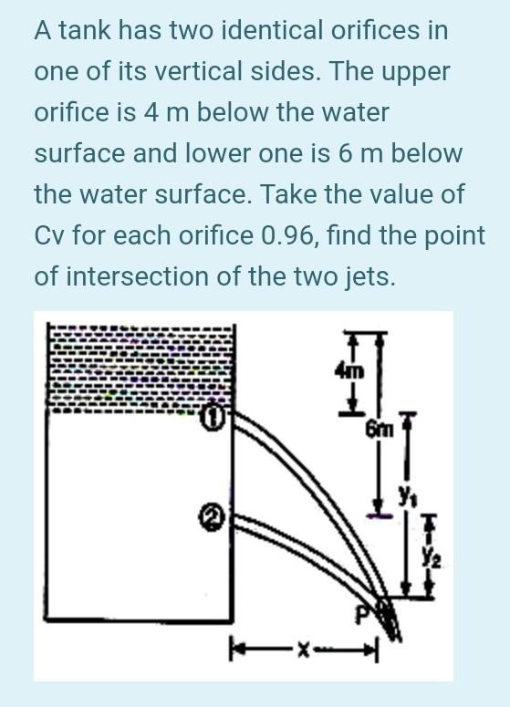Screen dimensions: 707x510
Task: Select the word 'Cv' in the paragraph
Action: pyautogui.click(x=49, y=235)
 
